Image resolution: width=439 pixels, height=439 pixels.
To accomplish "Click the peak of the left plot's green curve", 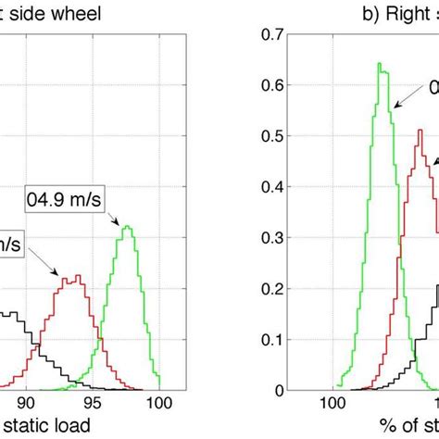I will click(x=127, y=226).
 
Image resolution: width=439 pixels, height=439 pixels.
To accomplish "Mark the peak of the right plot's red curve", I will click(x=420, y=130).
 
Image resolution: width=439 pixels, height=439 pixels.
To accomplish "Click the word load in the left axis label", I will click(x=70, y=426).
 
